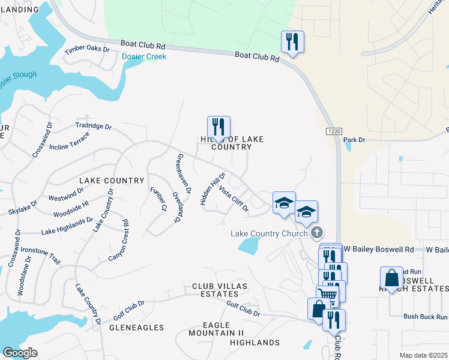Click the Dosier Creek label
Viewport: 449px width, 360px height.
coord(143,56)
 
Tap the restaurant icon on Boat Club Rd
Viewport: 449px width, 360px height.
coord(292,42)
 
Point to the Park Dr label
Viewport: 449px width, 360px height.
coord(354,140)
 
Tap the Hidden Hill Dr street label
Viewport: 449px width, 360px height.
coord(212,190)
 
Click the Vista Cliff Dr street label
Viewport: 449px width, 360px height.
coord(234,199)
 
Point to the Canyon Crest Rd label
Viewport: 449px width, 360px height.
coord(118,241)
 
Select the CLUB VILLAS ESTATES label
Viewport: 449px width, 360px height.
coord(215,290)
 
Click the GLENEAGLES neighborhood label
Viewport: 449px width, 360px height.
coord(137,328)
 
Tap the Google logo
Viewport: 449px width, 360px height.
coord(20,353)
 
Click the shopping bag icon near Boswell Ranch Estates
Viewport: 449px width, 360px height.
coord(391,278)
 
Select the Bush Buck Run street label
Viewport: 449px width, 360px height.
coord(426,316)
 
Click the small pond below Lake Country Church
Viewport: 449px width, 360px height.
coord(249,245)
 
